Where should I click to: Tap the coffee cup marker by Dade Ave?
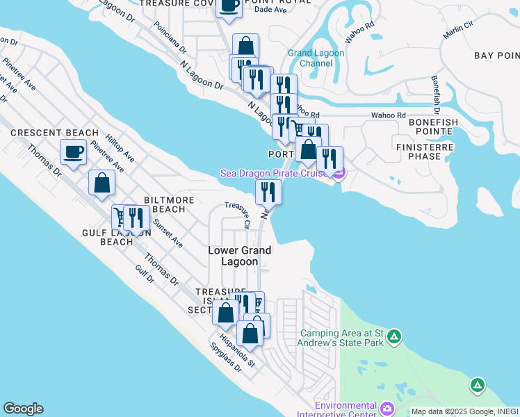[x=229, y=6]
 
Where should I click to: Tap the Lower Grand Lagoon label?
[x=240, y=256]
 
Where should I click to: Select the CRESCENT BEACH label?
[x=54, y=133]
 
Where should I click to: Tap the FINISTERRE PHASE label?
[x=423, y=152]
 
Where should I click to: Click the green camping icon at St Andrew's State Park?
[x=394, y=337]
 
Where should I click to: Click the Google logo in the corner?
[x=22, y=409]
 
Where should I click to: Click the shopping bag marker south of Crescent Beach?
[x=101, y=184]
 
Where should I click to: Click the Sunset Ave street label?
[x=168, y=234]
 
